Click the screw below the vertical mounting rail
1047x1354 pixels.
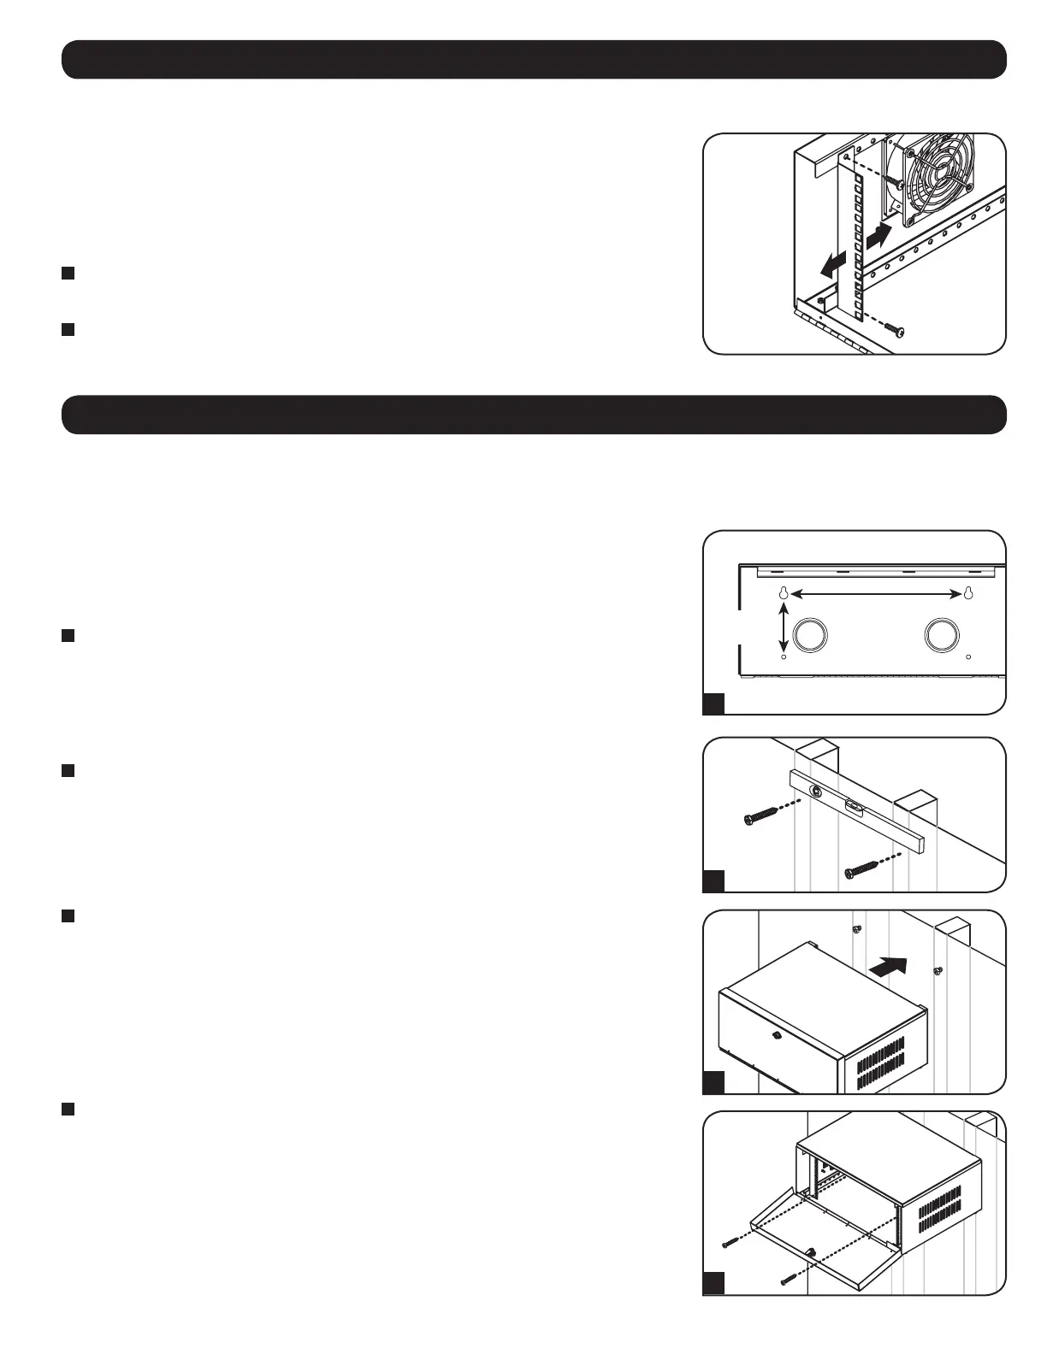click(893, 328)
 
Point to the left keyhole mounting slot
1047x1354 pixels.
click(783, 594)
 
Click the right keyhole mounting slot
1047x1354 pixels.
click(968, 594)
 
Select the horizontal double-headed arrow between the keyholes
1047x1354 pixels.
click(875, 592)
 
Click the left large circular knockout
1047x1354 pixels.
click(811, 635)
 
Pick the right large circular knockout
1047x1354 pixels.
click(943, 635)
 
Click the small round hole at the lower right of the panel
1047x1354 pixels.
click(968, 657)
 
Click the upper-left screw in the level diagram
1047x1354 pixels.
click(760, 817)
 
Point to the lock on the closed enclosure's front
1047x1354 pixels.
click(775, 1036)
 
